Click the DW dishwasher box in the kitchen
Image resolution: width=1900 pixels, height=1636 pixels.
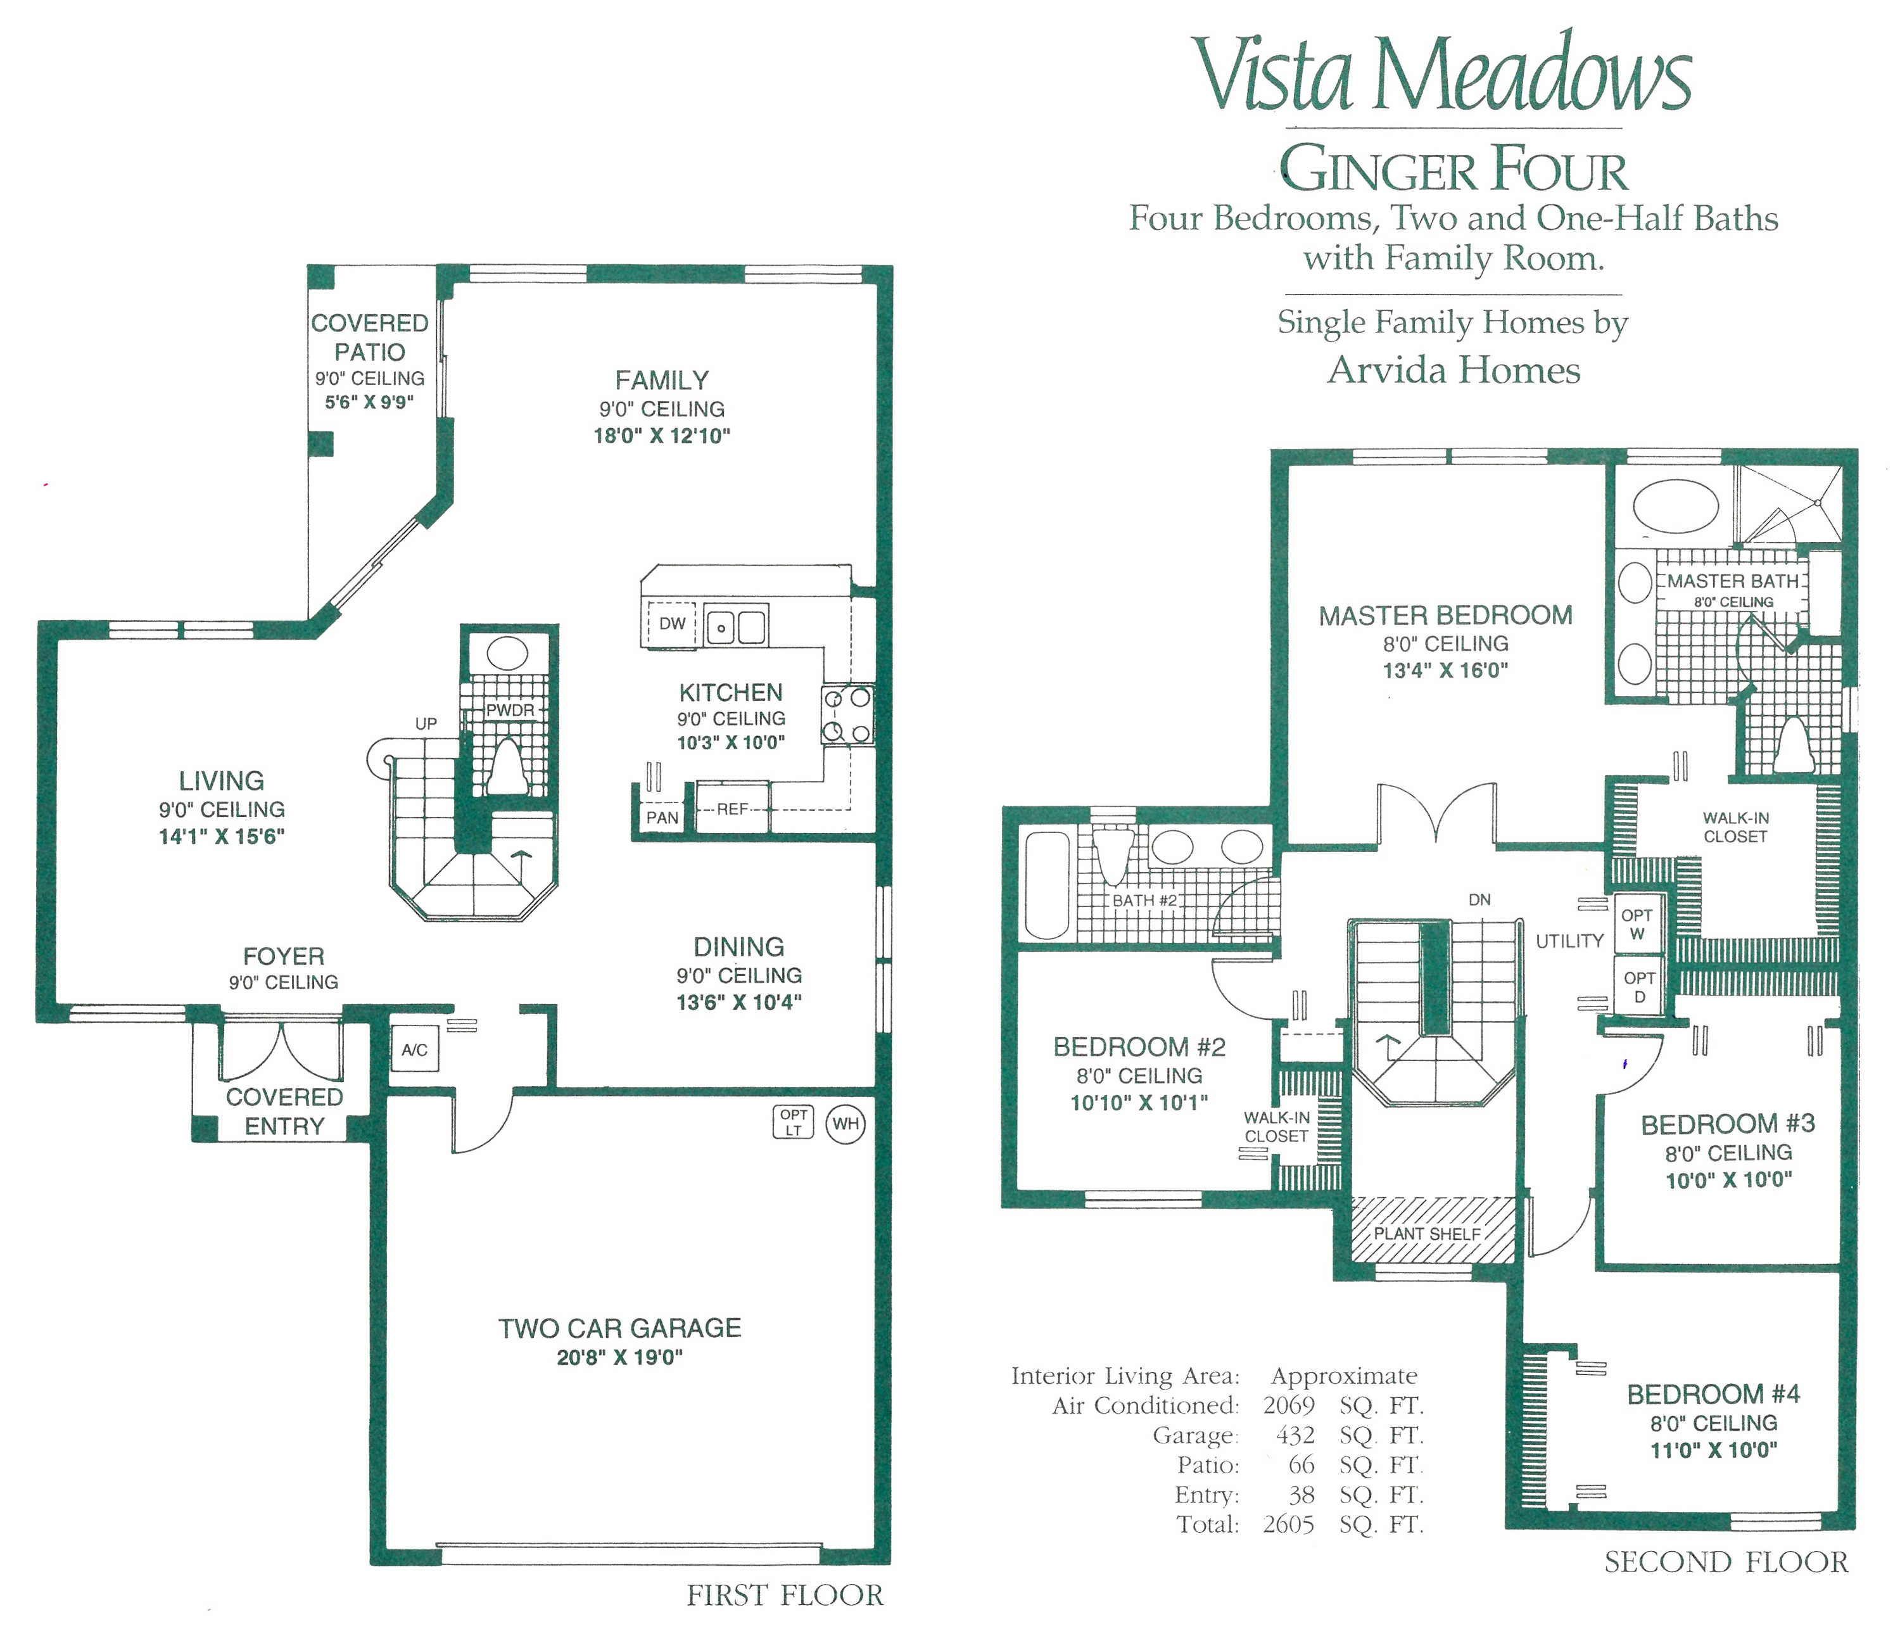pos(672,624)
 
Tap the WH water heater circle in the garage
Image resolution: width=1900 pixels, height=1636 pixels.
pos(845,1124)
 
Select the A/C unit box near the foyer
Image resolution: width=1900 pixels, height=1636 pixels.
pos(414,1050)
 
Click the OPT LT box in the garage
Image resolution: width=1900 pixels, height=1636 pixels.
pos(793,1122)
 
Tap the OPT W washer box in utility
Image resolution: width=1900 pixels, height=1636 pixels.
pos(1637,924)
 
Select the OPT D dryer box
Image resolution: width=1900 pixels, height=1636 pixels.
pos(1638,987)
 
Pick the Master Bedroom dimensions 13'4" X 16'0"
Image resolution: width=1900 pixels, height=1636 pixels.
pos(1445,670)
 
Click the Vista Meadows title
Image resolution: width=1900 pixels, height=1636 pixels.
pos(1441,75)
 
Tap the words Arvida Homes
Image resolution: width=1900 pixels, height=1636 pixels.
pos(1453,371)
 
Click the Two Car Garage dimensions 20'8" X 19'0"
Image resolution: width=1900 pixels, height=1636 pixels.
pos(620,1358)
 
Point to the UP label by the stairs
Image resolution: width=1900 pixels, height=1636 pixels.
pos(426,723)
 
